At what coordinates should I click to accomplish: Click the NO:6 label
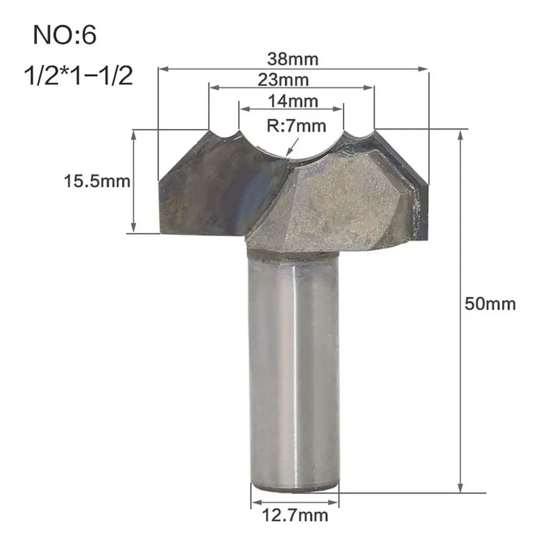click(x=64, y=35)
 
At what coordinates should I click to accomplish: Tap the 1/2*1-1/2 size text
click(x=79, y=76)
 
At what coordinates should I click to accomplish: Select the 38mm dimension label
click(x=293, y=59)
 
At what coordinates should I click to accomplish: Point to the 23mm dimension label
click(x=283, y=80)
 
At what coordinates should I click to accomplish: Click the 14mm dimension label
click(x=293, y=101)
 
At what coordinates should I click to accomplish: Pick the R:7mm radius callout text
click(x=297, y=126)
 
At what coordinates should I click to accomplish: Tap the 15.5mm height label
click(x=97, y=181)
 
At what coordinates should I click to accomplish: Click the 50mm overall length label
click(x=490, y=304)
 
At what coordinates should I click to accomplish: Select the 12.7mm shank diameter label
click(x=295, y=516)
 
